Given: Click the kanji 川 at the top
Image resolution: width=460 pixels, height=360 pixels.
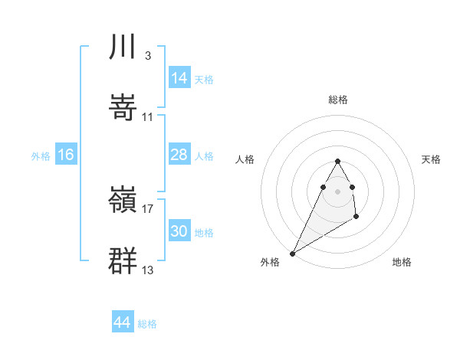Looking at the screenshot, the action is (123, 47).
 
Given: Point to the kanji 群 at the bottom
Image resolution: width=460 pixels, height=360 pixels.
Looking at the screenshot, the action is (123, 260).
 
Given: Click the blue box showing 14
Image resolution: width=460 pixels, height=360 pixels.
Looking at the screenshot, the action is (179, 78).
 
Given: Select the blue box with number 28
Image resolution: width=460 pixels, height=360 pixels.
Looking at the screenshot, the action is (179, 155).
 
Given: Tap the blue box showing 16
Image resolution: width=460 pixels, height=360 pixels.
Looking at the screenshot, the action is (66, 155).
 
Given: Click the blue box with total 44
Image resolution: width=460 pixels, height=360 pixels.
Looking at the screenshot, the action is (123, 322).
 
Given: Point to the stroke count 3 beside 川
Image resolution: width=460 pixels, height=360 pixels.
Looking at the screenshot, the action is (148, 56).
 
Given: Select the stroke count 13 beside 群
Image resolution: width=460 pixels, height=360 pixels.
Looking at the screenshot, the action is (148, 270).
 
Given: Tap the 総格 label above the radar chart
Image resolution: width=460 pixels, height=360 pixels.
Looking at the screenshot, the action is (338, 100).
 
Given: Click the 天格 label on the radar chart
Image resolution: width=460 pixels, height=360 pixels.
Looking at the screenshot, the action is (432, 159).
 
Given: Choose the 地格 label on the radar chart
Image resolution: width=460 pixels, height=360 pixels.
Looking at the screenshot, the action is (402, 262).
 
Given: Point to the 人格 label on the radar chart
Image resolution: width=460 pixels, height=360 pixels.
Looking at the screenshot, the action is (245, 159).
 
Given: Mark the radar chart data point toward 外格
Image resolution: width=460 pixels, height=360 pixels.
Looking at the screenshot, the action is (292, 253).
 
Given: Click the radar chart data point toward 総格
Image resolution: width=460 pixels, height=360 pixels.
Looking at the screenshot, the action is (338, 161).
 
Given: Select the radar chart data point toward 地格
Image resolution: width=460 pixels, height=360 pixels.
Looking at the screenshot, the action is (356, 218).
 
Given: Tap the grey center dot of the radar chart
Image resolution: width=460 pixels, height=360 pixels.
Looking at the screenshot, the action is (338, 191).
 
